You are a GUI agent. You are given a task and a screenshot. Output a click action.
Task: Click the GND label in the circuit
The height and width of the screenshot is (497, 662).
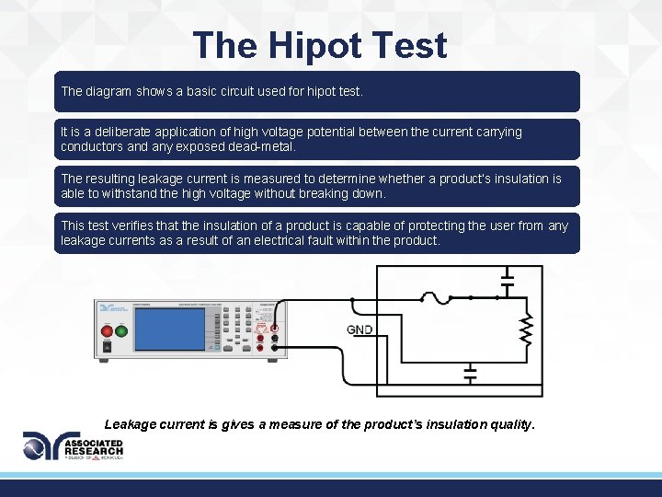[x=359, y=329]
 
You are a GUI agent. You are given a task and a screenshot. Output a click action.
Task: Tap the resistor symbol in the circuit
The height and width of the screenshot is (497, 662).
[x=526, y=329]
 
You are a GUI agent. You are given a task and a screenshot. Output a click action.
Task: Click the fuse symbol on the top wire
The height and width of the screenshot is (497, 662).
[x=433, y=297]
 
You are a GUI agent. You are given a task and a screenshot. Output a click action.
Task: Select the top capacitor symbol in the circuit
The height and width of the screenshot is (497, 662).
[x=506, y=280]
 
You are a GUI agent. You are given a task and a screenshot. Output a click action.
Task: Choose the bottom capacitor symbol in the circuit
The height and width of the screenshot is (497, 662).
[x=470, y=376]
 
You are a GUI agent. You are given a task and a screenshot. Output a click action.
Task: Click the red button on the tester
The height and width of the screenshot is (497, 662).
[x=107, y=330]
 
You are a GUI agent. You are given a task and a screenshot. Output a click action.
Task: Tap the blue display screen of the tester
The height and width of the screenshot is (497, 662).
[x=169, y=329]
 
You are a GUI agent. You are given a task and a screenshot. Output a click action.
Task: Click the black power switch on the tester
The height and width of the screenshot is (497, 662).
[x=107, y=347]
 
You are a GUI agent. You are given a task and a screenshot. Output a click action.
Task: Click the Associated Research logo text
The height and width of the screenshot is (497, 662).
[x=92, y=447]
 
